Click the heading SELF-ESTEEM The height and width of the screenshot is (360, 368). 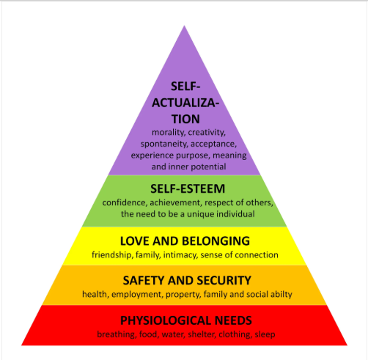[188, 188]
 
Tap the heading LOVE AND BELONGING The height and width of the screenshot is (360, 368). [185, 241]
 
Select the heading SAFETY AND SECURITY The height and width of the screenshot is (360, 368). [187, 280]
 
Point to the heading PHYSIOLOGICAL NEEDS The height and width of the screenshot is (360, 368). [186, 320]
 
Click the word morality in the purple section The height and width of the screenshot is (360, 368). [169, 133]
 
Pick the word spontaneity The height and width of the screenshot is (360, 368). [164, 144]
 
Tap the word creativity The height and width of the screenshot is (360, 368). [207, 133]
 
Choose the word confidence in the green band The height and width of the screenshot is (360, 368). [125, 202]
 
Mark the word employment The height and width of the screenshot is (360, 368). [137, 294]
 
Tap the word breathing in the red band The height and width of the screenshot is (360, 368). [117, 334]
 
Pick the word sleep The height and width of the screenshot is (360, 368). [265, 334]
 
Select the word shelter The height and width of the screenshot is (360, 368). [202, 334]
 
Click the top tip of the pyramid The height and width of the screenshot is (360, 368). [185, 26]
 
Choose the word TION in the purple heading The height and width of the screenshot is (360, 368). [185, 119]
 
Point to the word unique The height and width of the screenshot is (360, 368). [201, 214]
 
